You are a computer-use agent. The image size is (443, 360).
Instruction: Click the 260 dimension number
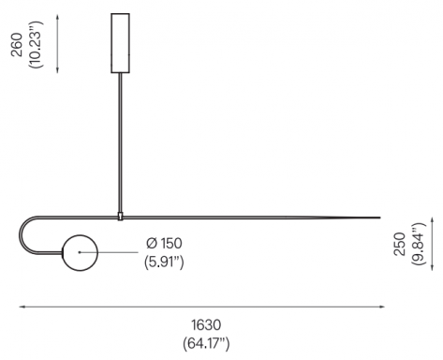17,44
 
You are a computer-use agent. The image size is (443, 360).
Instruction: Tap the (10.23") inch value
36,44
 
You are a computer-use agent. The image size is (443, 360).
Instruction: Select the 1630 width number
206,325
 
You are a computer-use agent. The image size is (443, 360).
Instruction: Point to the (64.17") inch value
206,344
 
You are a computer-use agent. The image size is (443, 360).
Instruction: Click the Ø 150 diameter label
164,244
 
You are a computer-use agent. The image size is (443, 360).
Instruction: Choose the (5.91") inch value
164,262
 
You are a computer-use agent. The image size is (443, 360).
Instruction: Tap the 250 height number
400,244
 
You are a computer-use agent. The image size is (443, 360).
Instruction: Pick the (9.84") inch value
419,244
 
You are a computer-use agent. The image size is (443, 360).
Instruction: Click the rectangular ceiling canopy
120,43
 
